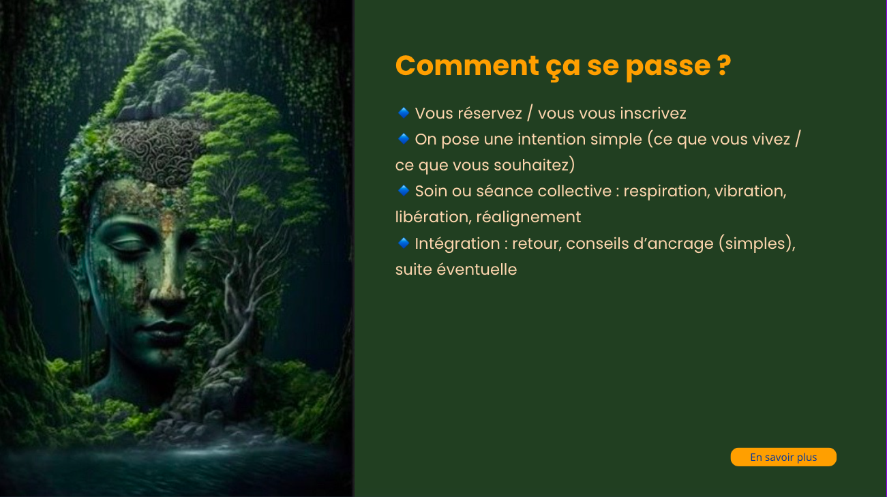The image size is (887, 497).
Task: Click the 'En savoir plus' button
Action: tap(783, 457)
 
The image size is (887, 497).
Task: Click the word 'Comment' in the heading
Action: tap(467, 65)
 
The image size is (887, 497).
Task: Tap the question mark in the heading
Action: tap(724, 65)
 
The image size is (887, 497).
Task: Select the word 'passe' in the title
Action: tap(668, 67)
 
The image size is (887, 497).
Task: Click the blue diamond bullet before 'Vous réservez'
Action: tap(404, 113)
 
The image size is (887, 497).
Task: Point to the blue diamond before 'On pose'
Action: tap(404, 138)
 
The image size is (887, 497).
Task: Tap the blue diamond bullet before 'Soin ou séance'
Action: tap(404, 190)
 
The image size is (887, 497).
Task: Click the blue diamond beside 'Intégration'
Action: tap(404, 243)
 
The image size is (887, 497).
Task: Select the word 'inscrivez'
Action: tap(653, 113)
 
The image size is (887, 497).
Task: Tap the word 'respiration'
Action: tap(666, 192)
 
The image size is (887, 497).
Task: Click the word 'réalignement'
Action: tap(528, 217)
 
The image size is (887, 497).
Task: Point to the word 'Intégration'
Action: tap(457, 244)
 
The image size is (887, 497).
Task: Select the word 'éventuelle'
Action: tap(477, 269)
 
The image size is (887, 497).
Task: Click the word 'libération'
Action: tap(433, 217)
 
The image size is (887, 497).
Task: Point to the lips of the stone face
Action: tap(164, 329)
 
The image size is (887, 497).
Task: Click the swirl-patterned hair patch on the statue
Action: tap(158, 151)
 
